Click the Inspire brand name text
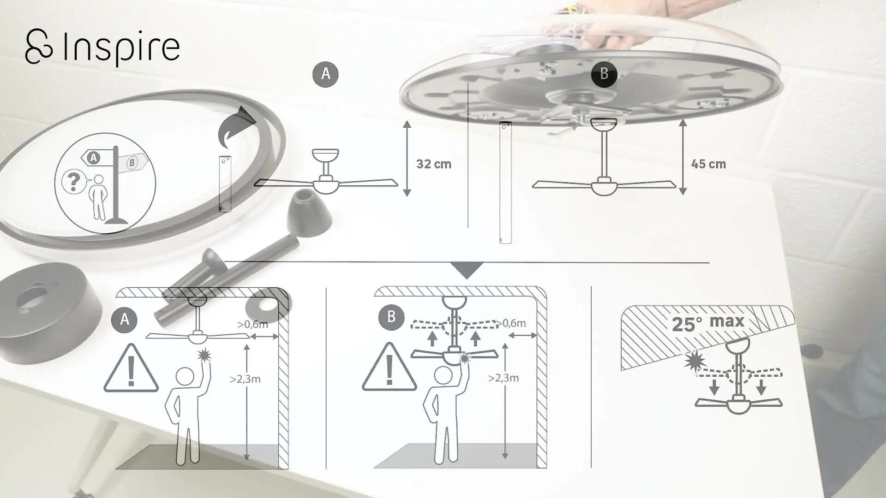tap(120, 47)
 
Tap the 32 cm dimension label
tap(433, 164)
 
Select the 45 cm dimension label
tap(708, 164)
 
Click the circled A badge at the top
tap(325, 74)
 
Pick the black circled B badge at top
tap(604, 74)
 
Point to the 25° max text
tap(708, 323)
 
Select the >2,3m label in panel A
tap(245, 379)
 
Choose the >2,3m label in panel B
tap(503, 378)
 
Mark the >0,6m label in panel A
tap(253, 324)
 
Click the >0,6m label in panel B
tap(511, 323)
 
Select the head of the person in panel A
tap(185, 376)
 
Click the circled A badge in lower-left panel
tap(124, 320)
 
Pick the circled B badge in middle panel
tap(391, 317)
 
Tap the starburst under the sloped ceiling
tap(693, 361)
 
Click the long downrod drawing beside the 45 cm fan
tap(506, 183)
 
